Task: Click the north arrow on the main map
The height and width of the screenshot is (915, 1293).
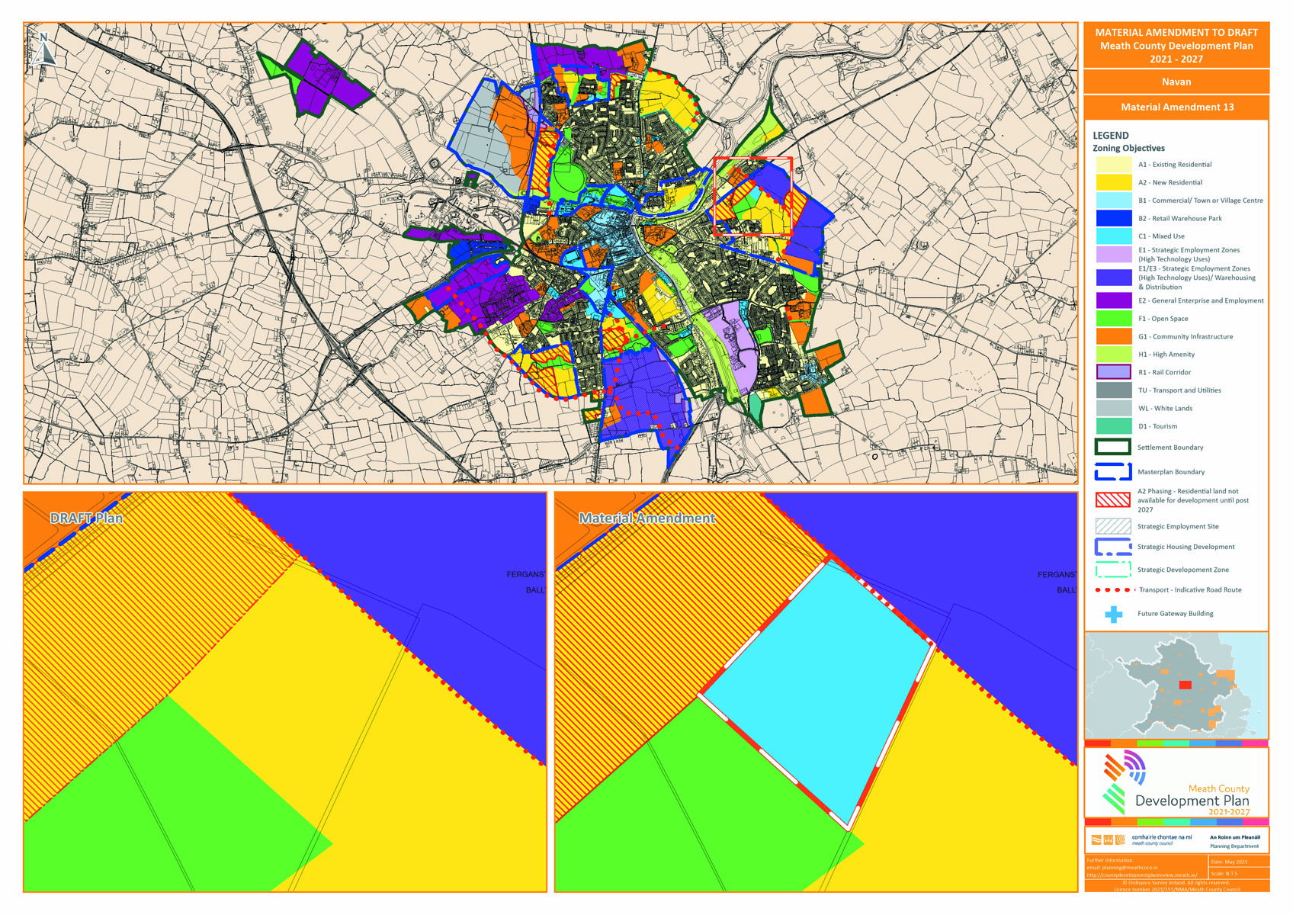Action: click(45, 49)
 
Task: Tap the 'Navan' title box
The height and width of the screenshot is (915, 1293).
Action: click(1176, 82)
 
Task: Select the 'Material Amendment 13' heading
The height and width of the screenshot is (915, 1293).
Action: click(1176, 107)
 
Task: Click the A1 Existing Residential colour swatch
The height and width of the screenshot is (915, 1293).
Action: click(1113, 164)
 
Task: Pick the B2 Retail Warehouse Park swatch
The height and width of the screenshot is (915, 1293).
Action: click(1113, 218)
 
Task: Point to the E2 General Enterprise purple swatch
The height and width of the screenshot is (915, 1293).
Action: click(1113, 300)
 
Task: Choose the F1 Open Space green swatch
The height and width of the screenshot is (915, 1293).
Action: click(1113, 319)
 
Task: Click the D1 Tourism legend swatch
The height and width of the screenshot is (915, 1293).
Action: click(1113, 426)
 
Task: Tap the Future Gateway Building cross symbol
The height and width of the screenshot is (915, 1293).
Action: click(1114, 614)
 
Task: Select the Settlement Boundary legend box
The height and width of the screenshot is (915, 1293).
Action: click(1113, 448)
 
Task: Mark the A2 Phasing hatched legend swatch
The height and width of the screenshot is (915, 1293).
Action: click(1113, 500)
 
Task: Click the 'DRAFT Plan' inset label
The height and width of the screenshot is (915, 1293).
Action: click(86, 518)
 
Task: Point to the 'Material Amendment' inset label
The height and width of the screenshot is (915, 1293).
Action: click(646, 518)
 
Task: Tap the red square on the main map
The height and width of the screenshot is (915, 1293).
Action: click(752, 196)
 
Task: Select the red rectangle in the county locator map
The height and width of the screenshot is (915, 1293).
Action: click(1185, 685)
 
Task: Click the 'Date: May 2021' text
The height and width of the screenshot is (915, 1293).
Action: click(1227, 862)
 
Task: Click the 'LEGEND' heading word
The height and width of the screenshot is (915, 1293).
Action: click(1110, 135)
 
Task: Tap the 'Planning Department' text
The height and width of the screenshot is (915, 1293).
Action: click(1234, 846)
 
